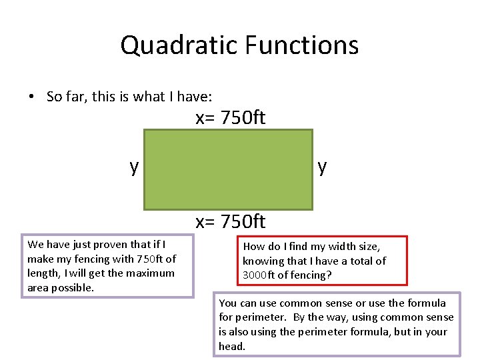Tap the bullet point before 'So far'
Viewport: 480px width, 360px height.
(x=31, y=97)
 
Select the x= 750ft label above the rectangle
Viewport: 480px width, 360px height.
(x=230, y=118)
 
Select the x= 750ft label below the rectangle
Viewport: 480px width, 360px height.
(x=230, y=221)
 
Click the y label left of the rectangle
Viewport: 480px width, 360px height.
(x=134, y=167)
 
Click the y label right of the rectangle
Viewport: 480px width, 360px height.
(x=323, y=167)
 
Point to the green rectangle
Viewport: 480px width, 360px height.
(x=227, y=169)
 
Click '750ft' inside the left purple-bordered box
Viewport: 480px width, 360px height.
(x=150, y=259)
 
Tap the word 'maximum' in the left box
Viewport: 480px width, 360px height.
(x=155, y=273)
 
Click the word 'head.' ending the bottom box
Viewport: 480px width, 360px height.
(x=232, y=346)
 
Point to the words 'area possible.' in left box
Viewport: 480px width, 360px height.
(x=61, y=287)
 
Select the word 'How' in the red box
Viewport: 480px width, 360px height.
(x=253, y=247)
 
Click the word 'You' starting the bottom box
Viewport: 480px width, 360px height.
(x=228, y=303)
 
